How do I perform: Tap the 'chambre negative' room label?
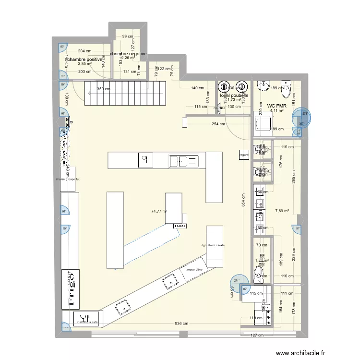point(128,54)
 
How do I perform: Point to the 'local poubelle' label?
point(234,96)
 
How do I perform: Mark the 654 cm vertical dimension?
point(243,200)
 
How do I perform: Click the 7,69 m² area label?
point(283,210)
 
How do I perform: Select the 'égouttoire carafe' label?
point(213,245)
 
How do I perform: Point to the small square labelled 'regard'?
point(244,155)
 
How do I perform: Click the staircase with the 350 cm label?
point(126,93)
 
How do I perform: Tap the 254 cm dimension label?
point(218,124)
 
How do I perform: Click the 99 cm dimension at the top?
point(127,36)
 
